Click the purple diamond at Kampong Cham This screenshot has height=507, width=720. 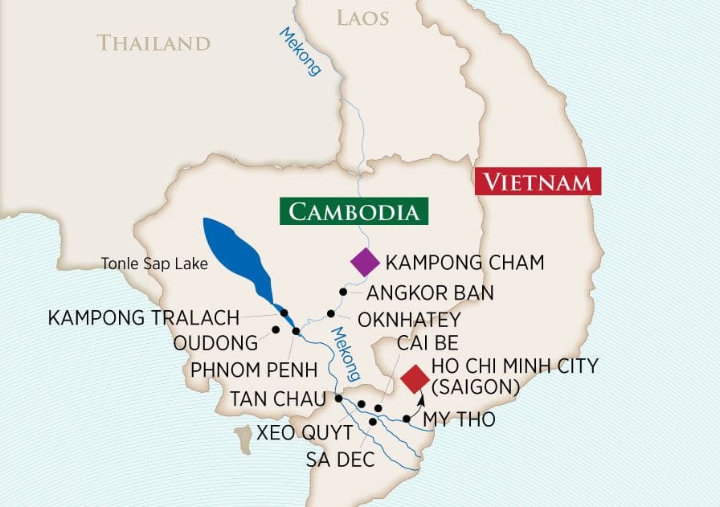pyautogui.click(x=365, y=262)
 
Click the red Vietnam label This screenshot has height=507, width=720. pyautogui.click(x=538, y=182)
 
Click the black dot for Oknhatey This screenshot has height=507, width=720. pyautogui.click(x=330, y=313)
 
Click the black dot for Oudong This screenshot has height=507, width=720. pyautogui.click(x=275, y=329)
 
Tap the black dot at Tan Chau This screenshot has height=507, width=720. pyautogui.click(x=339, y=398)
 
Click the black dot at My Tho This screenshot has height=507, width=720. pyautogui.click(x=407, y=419)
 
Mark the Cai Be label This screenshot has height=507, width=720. pyautogui.click(x=427, y=344)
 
